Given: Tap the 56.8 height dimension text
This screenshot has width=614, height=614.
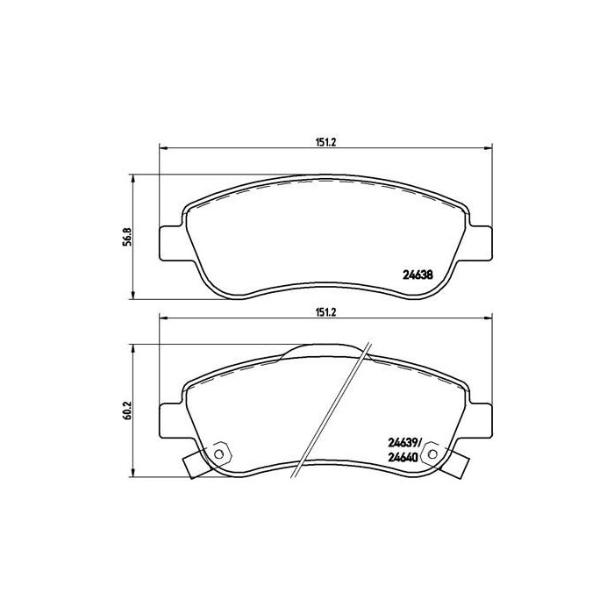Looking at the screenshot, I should point(126,237).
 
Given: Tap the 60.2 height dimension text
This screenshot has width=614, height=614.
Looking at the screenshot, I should point(126,410).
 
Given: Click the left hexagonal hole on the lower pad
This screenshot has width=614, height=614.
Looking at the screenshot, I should point(220,453).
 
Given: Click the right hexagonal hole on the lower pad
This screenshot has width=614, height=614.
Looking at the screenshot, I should point(430,453).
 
